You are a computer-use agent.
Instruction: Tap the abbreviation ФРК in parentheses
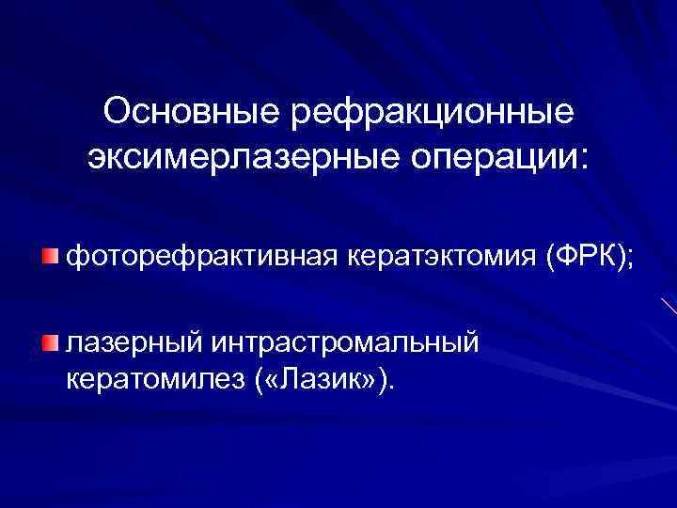(x=584, y=255)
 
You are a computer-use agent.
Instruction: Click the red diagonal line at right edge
(x=669, y=306)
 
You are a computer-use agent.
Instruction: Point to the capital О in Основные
(x=118, y=111)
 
